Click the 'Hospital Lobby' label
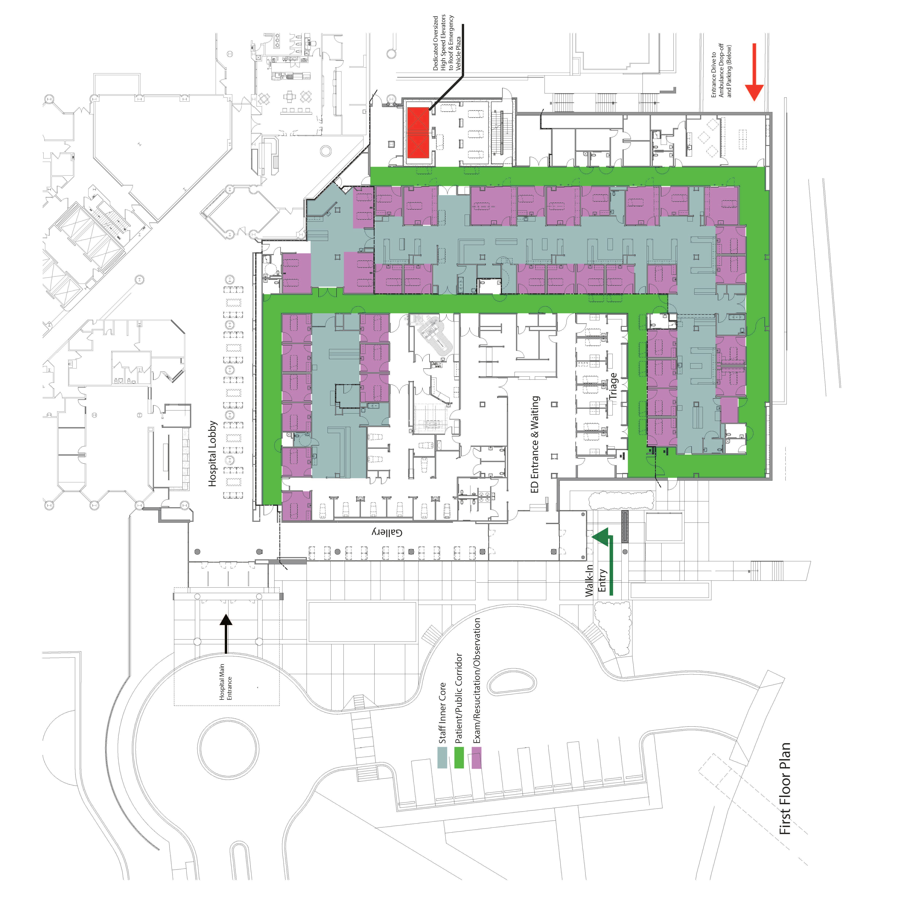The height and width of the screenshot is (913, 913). pyautogui.click(x=213, y=454)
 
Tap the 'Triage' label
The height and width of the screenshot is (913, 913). pyautogui.click(x=613, y=386)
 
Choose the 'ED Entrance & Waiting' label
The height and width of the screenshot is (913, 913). pyautogui.click(x=535, y=444)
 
